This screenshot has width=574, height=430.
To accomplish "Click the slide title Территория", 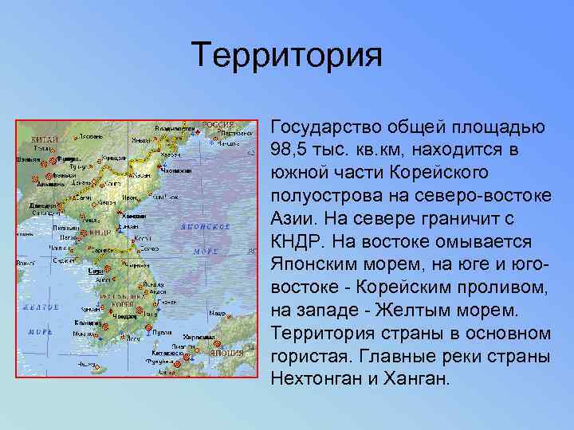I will pyautogui.click(x=287, y=57).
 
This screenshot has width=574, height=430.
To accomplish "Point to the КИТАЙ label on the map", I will pyautogui.click(x=45, y=139).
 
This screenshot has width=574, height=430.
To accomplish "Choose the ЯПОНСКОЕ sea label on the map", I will pyautogui.click(x=206, y=226).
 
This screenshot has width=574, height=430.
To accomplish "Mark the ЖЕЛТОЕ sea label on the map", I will pyautogui.click(x=41, y=307).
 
